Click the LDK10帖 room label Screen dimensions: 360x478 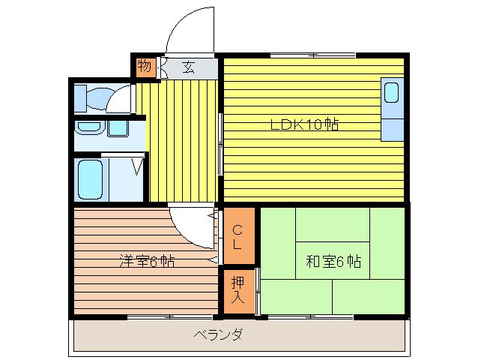pos(304,124)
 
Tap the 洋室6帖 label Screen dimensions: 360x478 pos(147,262)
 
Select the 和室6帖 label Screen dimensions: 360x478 pos(333,262)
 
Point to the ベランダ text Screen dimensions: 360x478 pos(217,334)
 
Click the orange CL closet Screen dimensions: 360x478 pos(237,237)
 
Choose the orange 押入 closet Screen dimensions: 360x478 pos(237,290)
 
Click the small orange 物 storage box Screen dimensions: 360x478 pos(145,67)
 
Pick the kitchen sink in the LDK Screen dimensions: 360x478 pos(392,94)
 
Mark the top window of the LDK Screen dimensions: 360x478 pos(313,55)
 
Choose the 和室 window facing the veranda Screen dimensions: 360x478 pos(311,316)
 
